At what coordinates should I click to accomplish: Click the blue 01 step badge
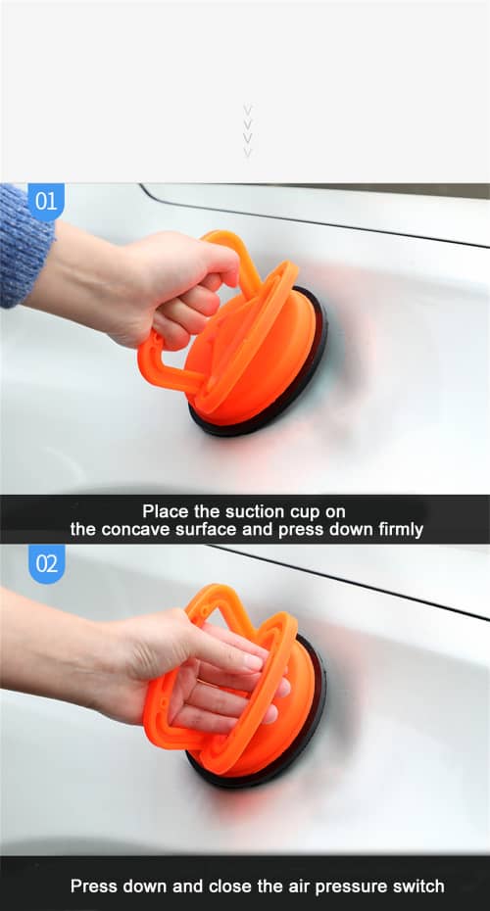(x=45, y=202)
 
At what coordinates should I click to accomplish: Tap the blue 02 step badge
(x=46, y=563)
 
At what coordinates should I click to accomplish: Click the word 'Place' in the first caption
(x=165, y=511)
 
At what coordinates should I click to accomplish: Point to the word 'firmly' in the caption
(x=399, y=530)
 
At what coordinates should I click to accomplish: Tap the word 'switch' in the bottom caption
(x=418, y=887)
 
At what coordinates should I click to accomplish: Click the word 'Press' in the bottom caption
(x=93, y=887)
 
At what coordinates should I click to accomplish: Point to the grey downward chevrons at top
(x=247, y=131)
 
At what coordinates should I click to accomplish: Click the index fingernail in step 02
(x=252, y=663)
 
